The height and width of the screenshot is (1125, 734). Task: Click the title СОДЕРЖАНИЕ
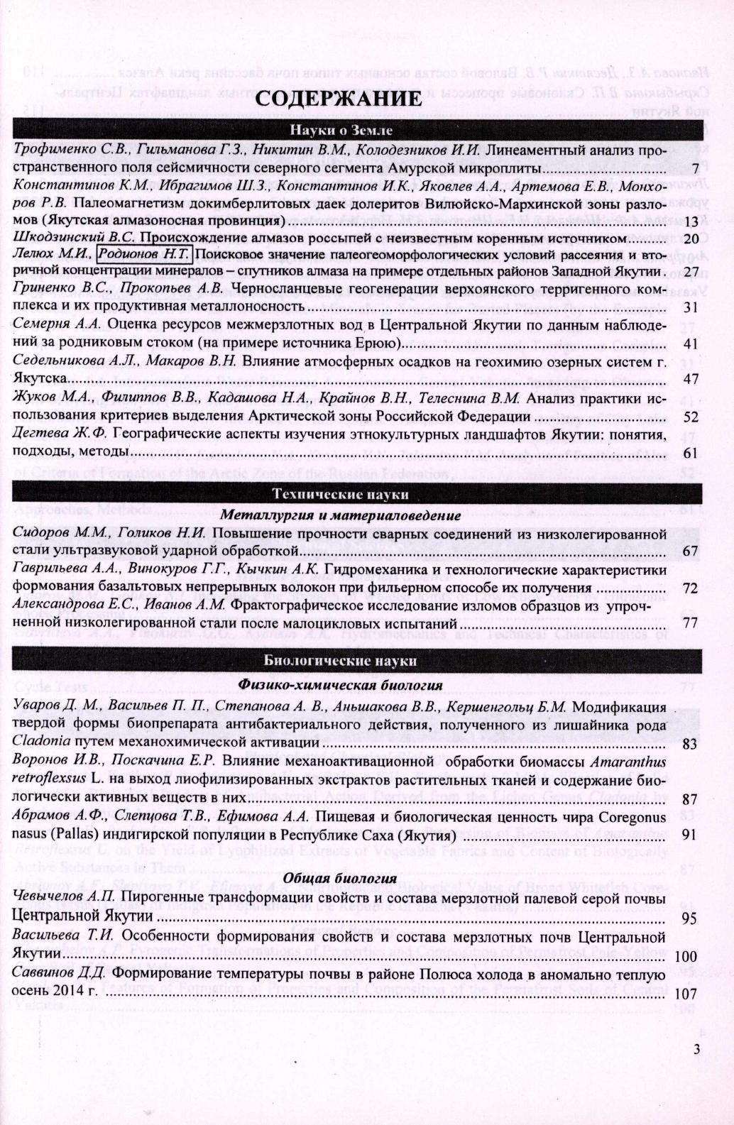339,98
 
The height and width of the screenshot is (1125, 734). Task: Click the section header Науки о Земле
340,130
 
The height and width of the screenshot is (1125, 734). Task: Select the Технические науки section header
340,494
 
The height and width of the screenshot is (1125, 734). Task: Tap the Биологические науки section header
340,660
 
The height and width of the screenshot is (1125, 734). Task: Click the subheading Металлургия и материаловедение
340,513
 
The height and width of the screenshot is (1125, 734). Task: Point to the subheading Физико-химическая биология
340,685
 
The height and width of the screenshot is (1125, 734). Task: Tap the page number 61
691,453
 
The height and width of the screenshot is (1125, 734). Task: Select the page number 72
691,588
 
